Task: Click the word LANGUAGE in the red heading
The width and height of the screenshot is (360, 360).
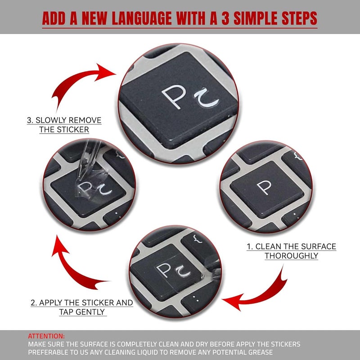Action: pos(142,18)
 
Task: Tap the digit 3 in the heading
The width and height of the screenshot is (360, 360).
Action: pos(225,18)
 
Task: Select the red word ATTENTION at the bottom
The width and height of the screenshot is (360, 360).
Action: pos(46,336)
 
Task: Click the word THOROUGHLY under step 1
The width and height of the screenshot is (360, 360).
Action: pos(291,256)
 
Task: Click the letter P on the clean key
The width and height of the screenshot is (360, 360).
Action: pos(264,187)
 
